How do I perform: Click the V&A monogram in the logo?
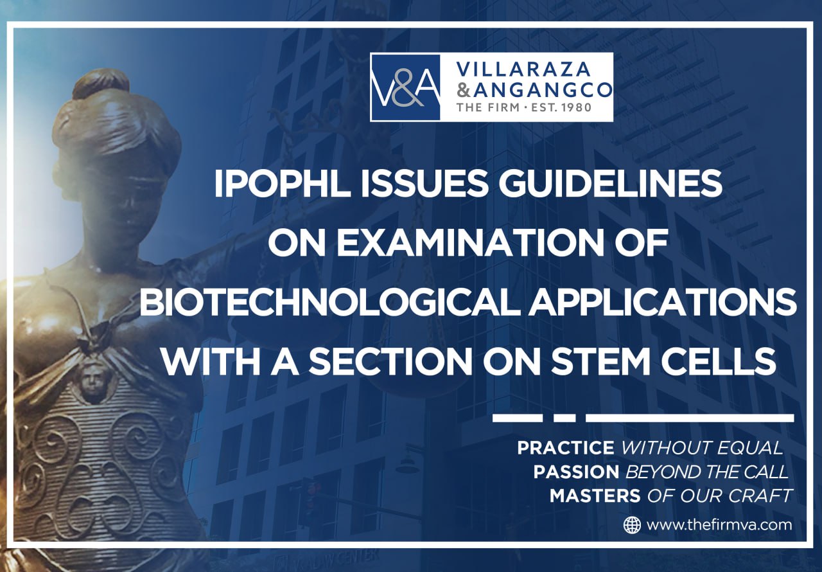coord(405,87)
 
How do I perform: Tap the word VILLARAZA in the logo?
coord(523,69)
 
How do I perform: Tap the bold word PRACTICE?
coord(566,448)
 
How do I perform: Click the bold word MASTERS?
coord(595,496)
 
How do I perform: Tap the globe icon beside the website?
coord(632,525)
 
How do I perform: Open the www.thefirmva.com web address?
coord(719,525)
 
